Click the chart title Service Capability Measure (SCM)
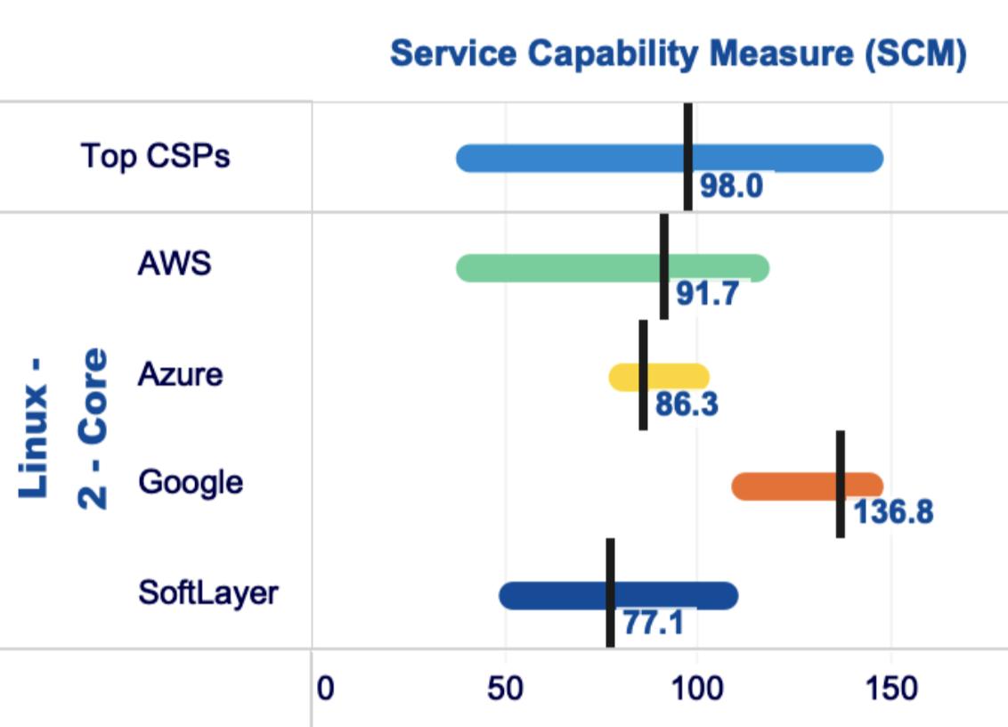pyautogui.click(x=678, y=54)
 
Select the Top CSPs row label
pyautogui.click(x=155, y=156)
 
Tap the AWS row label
pyautogui.click(x=175, y=264)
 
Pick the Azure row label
pyautogui.click(x=180, y=374)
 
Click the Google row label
pyautogui.click(x=191, y=482)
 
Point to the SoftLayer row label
pyautogui.click(x=208, y=592)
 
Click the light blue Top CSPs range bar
pyautogui.click(x=570, y=158)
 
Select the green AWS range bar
pyautogui.click(x=552, y=268)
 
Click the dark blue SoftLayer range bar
pyautogui.click(x=552, y=596)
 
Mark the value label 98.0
pyautogui.click(x=731, y=187)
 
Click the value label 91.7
pyautogui.click(x=707, y=295)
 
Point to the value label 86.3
pyautogui.click(x=687, y=404)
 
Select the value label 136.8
pyautogui.click(x=893, y=513)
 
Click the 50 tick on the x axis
pyautogui.click(x=505, y=689)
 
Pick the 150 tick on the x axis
pyautogui.click(x=890, y=689)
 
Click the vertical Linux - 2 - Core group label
pyautogui.click(x=62, y=428)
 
